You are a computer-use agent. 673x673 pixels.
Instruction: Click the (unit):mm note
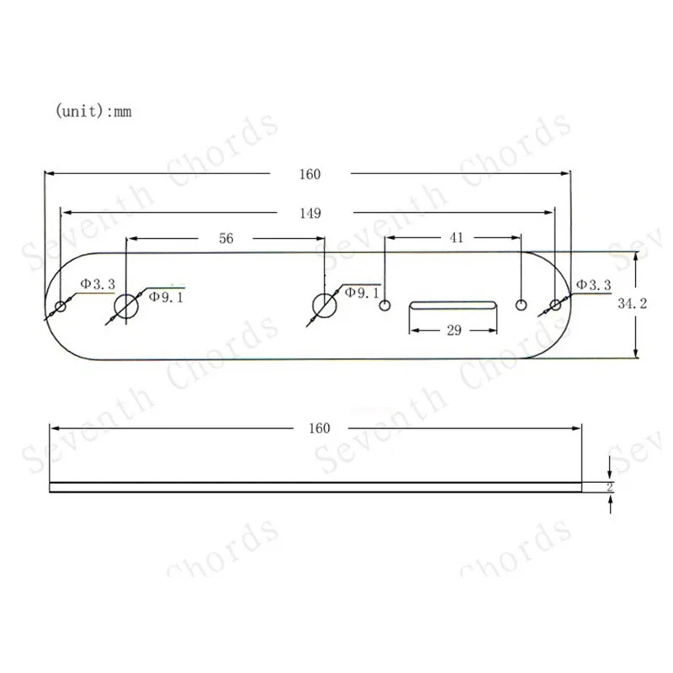pyautogui.click(x=93, y=111)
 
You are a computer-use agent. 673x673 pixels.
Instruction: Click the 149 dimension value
pyautogui.click(x=310, y=214)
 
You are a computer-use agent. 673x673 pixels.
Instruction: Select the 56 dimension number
pyautogui.click(x=226, y=239)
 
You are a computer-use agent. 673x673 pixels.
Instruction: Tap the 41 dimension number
pyautogui.click(x=456, y=238)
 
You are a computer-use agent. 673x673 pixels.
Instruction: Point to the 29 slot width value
pyautogui.click(x=454, y=330)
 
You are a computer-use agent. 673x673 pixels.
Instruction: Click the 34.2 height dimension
pyautogui.click(x=633, y=304)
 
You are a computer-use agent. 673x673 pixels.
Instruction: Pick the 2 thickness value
pyautogui.click(x=609, y=487)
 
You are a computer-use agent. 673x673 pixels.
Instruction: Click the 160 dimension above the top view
pyautogui.click(x=310, y=174)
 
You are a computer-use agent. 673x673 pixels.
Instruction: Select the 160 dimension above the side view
pyautogui.click(x=320, y=428)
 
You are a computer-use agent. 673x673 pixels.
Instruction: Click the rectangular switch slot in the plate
pyautogui.click(x=453, y=305)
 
